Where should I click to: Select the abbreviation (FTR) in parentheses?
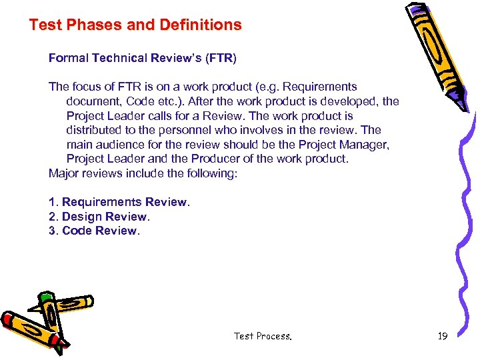(x=221, y=58)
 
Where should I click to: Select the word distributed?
(x=95, y=130)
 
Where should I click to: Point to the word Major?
(x=64, y=173)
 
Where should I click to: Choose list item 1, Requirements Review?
(x=119, y=202)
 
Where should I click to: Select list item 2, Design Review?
(x=99, y=217)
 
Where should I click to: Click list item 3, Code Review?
(x=94, y=231)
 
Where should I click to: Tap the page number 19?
(x=442, y=336)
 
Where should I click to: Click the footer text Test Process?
(x=263, y=336)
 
